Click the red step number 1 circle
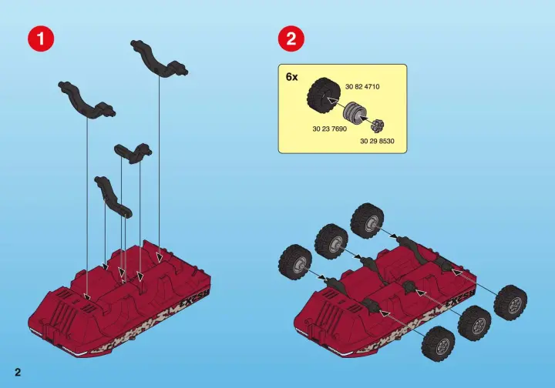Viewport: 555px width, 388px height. [41, 38]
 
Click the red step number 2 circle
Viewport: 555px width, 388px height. [291, 38]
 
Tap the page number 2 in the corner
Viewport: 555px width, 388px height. [18, 372]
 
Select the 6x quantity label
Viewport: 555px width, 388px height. [291, 77]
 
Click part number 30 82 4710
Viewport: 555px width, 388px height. [362, 86]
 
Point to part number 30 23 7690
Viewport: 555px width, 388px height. [330, 129]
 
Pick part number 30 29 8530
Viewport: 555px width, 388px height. [377, 141]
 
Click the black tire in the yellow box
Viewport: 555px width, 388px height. [324, 95]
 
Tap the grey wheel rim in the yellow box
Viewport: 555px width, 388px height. [355, 112]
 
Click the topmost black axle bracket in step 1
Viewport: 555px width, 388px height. [160, 59]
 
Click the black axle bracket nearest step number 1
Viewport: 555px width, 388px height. [87, 100]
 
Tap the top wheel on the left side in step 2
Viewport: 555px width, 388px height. [368, 219]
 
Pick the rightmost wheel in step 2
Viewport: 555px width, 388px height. [510, 302]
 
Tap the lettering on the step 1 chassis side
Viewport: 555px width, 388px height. [195, 297]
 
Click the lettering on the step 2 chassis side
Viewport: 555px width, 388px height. [460, 298]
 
